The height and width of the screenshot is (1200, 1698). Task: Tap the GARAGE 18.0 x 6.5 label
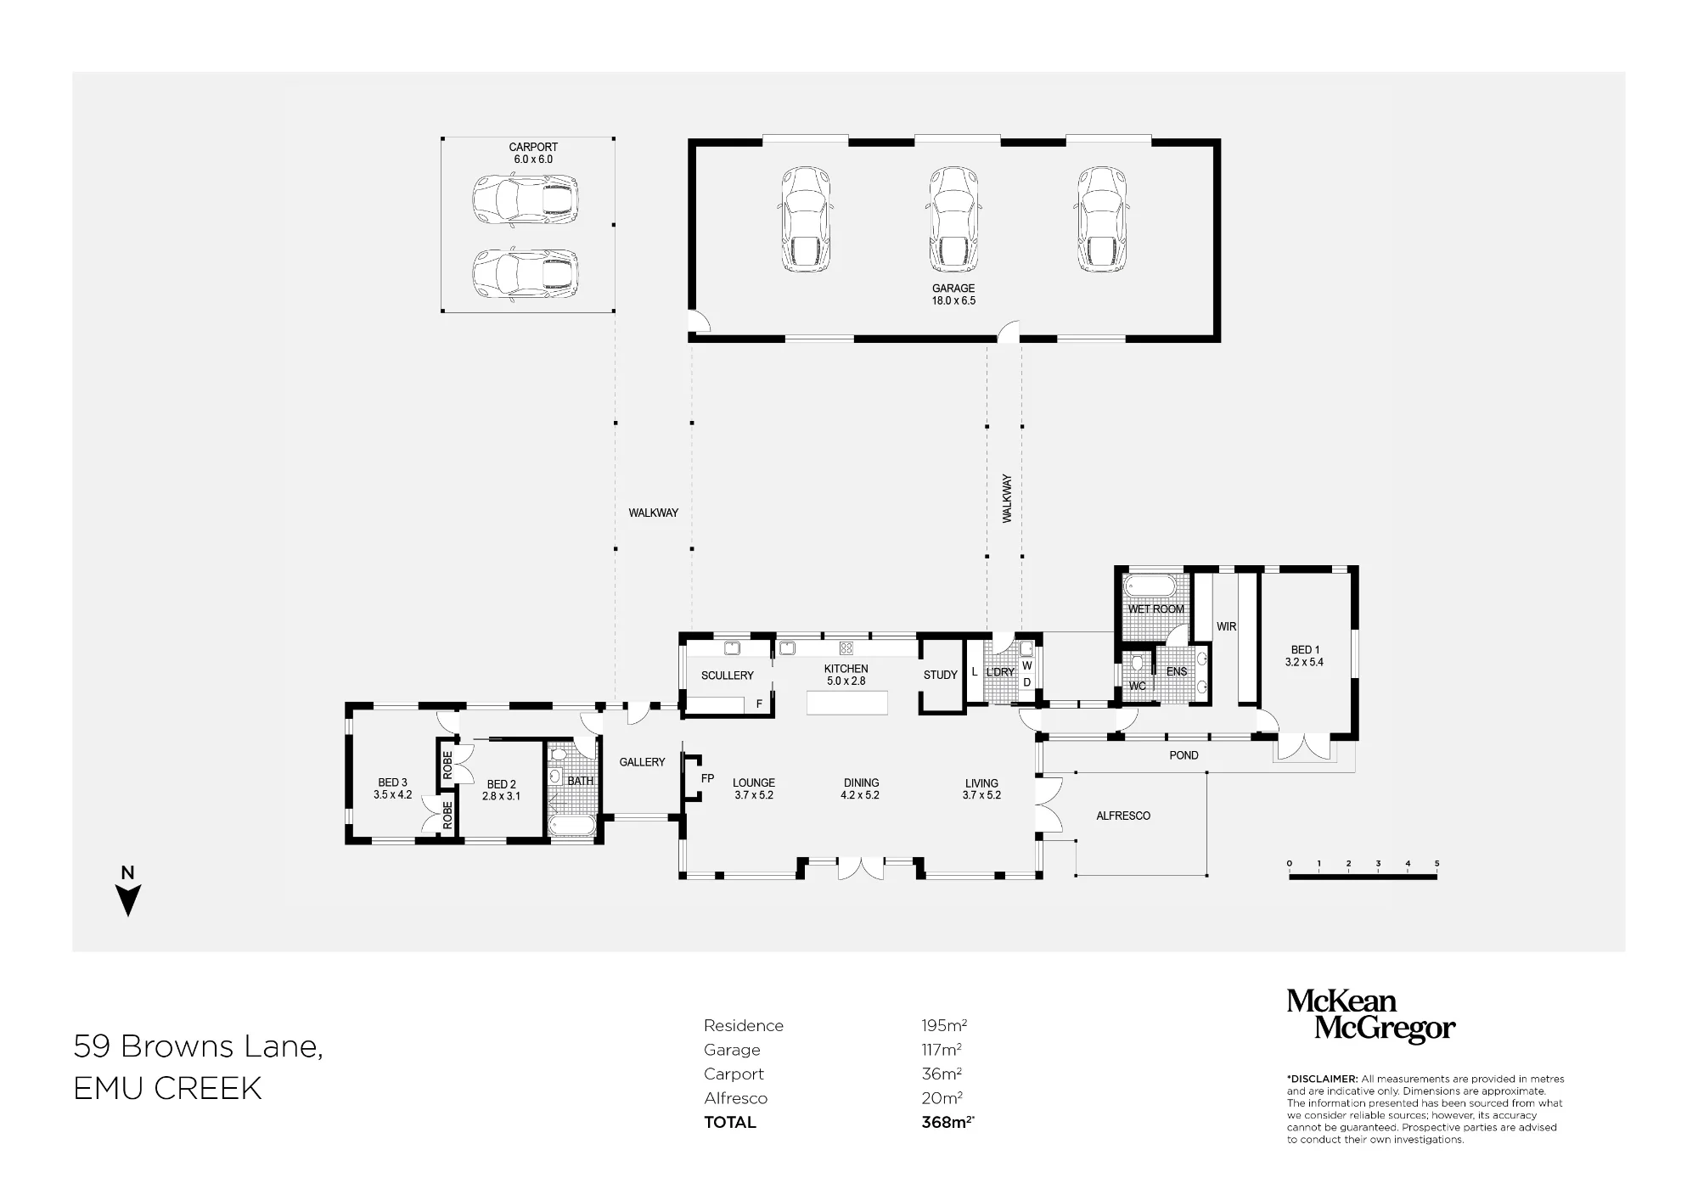(953, 294)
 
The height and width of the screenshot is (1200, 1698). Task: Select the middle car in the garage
(953, 219)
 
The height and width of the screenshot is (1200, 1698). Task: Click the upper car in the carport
(526, 199)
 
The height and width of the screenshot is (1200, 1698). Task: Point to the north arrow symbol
(127, 900)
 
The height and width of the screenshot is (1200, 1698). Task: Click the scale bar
(1363, 877)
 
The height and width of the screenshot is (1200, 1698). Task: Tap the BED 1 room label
(1304, 656)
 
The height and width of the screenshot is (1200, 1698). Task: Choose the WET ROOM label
(1155, 608)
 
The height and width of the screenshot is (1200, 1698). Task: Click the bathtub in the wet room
(1150, 586)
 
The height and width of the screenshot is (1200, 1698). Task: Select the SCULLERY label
(727, 676)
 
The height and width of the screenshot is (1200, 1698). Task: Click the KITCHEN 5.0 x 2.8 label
(846, 675)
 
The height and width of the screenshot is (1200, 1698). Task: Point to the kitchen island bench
(847, 703)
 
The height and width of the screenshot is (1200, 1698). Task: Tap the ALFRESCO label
(1123, 816)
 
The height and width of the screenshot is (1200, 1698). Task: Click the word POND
(1184, 755)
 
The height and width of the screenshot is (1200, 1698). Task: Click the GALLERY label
(642, 762)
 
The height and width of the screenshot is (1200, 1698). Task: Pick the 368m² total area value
(947, 1122)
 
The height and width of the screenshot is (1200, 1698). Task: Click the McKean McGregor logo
(1370, 1015)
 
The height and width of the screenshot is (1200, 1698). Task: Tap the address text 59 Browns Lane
(199, 1047)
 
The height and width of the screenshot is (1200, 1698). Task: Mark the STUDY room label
(940, 675)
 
